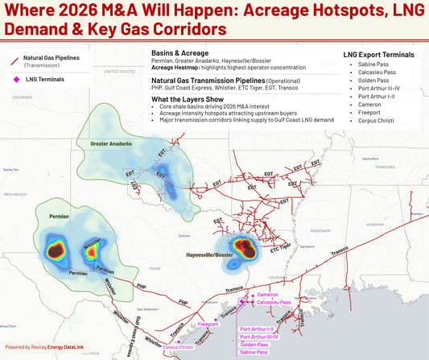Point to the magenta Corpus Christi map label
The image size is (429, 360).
point(177,347)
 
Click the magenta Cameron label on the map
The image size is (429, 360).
point(268,295)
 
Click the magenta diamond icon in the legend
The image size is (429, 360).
point(18,79)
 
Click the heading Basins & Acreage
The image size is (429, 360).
point(175,52)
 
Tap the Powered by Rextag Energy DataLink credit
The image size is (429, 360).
point(44,346)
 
